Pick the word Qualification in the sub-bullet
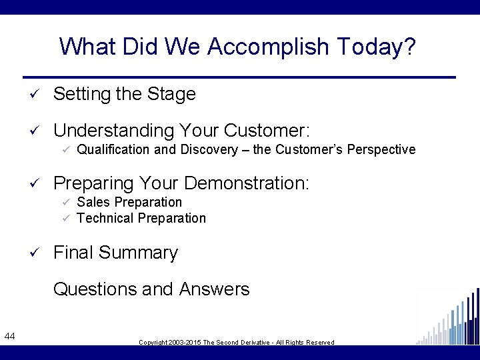pos(113,149)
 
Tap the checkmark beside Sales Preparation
pos(65,202)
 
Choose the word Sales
pos(93,202)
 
